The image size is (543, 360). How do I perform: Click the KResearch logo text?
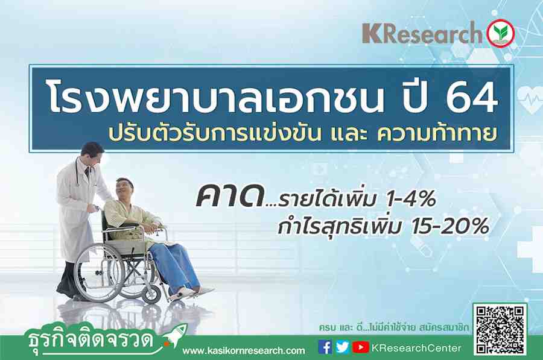pos(422,34)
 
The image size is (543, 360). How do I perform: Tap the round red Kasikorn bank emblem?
pos(501,33)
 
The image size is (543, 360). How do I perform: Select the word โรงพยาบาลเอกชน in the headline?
pos(216,97)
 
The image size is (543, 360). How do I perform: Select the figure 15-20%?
pos(449,226)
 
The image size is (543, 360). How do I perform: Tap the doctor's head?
pos(92,153)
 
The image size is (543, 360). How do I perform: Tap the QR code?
pos(500,329)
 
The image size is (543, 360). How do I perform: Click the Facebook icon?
pos(325,347)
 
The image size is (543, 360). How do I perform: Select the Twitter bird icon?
pos(343,347)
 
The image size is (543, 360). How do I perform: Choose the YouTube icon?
pos(361,347)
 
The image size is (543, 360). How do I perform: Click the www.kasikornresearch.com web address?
pos(244,351)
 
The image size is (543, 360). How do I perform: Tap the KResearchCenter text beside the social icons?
pos(416,348)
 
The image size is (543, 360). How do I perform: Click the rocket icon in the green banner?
pos(176,335)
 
